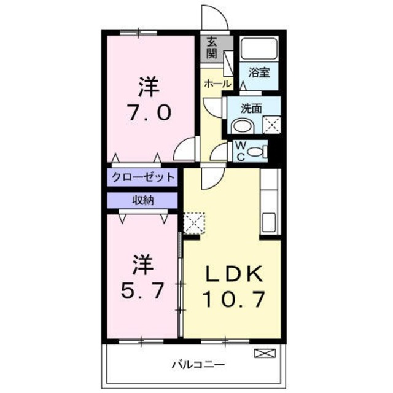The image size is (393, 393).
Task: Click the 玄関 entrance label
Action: (x=212, y=47)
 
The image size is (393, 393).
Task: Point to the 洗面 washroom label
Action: (x=251, y=108)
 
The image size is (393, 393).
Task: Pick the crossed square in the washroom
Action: (x=271, y=125)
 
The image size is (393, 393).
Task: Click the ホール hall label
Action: (x=218, y=83)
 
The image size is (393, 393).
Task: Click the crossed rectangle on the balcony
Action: (x=262, y=354)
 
